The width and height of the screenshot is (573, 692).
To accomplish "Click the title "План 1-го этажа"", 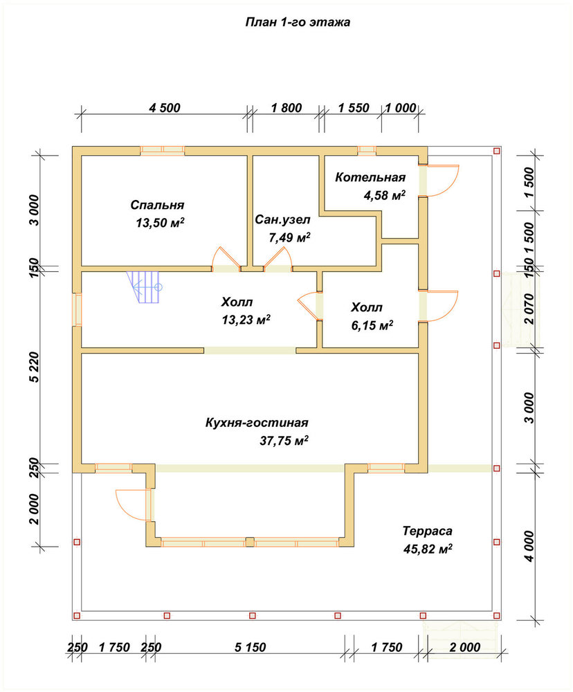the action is (x=298, y=22).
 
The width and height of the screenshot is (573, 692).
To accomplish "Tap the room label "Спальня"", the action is (x=157, y=206).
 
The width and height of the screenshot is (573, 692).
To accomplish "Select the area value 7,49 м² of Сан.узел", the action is (x=289, y=237).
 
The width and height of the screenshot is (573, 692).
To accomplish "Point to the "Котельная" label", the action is (x=370, y=177).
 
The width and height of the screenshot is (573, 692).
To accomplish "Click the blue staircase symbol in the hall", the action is (x=144, y=287).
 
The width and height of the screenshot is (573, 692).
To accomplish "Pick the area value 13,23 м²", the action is (x=246, y=320).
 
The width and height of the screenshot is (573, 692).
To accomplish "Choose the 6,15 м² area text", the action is (x=372, y=325).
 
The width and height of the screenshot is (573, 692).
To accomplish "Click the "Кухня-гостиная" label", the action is (x=257, y=423).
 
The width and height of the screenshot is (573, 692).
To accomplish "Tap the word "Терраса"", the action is (x=427, y=531).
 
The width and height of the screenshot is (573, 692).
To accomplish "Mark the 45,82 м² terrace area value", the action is (x=427, y=549).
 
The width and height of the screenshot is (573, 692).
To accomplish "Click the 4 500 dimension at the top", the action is (x=165, y=108).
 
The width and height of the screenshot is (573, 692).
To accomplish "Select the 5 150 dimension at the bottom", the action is (x=251, y=648).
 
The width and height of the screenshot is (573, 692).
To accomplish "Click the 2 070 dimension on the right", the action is (x=529, y=309).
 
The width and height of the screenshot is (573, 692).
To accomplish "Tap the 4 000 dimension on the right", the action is (x=529, y=546).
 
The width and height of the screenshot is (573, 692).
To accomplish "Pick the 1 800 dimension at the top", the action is (x=286, y=108).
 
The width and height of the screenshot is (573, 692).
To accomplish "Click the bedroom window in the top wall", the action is (x=163, y=150).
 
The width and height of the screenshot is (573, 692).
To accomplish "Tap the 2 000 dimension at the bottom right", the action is (x=465, y=648).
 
